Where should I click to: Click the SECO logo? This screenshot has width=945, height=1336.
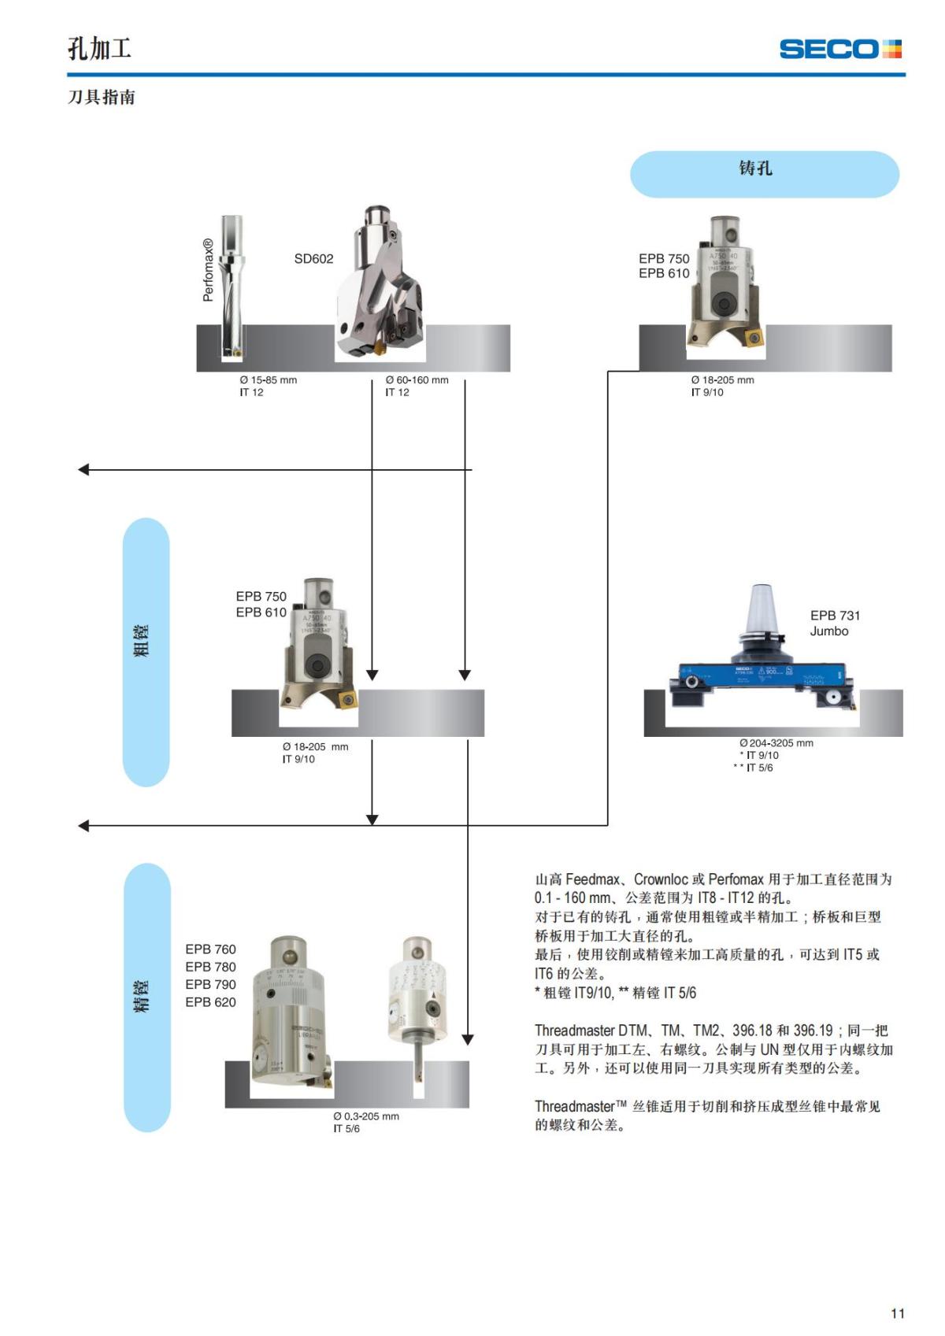tap(839, 49)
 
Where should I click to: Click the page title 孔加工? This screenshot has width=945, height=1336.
tap(99, 49)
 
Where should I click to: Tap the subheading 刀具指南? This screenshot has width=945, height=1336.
tap(102, 98)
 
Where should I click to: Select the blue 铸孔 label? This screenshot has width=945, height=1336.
tap(764, 173)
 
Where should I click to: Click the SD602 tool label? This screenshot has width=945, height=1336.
tap(313, 259)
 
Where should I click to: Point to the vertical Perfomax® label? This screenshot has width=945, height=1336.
tap(208, 270)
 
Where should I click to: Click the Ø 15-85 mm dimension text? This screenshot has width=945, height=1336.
tap(269, 380)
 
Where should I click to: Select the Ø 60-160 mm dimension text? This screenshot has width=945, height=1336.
tap(417, 380)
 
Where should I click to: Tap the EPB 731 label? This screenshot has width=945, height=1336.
tap(835, 616)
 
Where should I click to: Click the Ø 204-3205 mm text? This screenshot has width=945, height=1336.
tap(776, 743)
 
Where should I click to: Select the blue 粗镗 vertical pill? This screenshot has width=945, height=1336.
tap(146, 652)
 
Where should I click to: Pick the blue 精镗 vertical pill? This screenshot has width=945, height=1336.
tap(147, 997)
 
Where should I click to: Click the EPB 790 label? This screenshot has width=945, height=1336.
tap(210, 985)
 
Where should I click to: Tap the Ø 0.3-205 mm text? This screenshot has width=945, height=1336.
tap(365, 1116)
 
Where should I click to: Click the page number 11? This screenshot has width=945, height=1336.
tap(897, 1313)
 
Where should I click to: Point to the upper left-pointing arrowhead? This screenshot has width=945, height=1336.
tap(84, 470)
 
